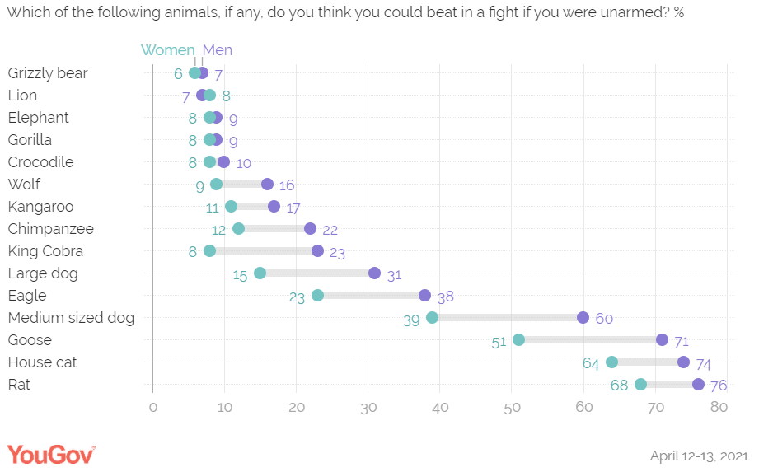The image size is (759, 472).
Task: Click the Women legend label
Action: [168, 50]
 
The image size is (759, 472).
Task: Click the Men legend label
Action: [218, 50]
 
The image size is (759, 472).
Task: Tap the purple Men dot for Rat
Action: [698, 385]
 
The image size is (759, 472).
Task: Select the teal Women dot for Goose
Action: [518, 340]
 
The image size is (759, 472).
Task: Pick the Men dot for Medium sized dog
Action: [583, 318]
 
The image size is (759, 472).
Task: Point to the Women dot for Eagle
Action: [317, 296]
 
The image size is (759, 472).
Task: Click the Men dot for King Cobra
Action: [317, 251]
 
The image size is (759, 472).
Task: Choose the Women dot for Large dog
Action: [260, 273]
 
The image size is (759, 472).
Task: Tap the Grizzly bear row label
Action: [48, 73]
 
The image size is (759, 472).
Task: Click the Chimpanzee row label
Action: [51, 229]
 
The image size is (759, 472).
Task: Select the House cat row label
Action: [41, 362]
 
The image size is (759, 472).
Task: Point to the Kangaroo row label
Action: [41, 207]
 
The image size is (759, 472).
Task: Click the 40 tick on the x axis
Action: [440, 406]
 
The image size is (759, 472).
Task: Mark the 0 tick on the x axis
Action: [152, 406]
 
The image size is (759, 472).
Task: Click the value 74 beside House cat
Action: [702, 363]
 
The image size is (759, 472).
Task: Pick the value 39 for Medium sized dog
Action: [412, 319]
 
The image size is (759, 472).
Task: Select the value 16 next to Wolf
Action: [286, 185]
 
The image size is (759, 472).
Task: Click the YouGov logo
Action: [51, 454]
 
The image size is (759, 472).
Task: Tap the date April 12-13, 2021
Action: [699, 455]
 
